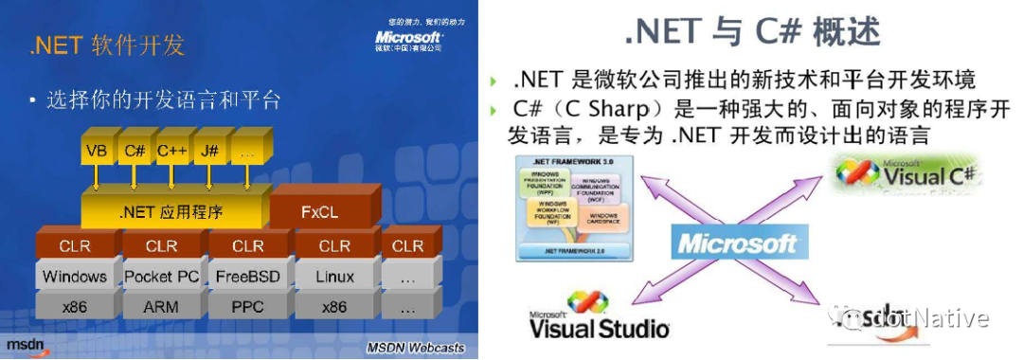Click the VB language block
(x=96, y=151)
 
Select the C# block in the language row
(x=134, y=151)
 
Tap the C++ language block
(x=171, y=151)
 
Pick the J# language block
(x=209, y=151)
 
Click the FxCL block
(x=319, y=212)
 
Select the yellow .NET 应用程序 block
(x=171, y=212)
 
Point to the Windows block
(x=75, y=277)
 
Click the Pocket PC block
(x=161, y=277)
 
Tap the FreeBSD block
(x=247, y=277)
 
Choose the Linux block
(x=334, y=277)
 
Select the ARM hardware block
(x=161, y=308)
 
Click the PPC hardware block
(x=247, y=308)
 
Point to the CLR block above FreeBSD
(x=247, y=246)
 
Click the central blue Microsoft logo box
(x=738, y=243)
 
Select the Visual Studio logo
(x=598, y=316)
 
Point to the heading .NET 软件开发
(x=107, y=45)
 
